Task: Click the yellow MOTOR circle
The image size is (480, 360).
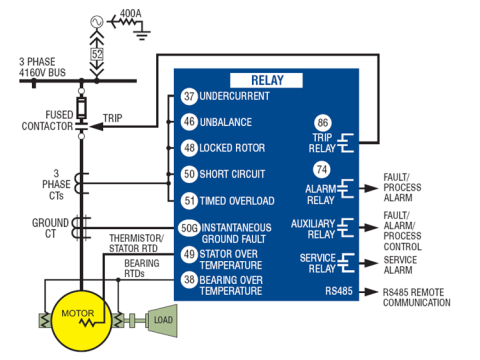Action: (82, 321)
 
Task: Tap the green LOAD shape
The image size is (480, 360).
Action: (162, 320)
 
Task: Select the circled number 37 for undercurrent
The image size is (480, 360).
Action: (189, 96)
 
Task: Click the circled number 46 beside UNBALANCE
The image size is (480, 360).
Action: (189, 122)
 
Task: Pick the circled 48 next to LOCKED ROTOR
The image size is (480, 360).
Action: (189, 148)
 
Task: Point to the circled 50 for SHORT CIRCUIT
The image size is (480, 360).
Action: (189, 174)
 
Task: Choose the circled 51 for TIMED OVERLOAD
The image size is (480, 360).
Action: (189, 200)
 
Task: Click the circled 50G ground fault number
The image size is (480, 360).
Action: (189, 228)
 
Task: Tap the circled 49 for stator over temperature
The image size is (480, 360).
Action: (189, 254)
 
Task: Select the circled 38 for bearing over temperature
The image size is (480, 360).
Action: (189, 279)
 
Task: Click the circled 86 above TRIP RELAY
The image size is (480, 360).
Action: (323, 123)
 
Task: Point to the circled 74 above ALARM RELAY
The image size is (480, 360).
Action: (322, 169)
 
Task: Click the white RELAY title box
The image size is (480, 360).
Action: (266, 80)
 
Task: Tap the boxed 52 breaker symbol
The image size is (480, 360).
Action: (97, 54)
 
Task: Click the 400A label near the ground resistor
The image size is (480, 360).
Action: (130, 13)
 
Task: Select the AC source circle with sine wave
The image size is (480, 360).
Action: (97, 22)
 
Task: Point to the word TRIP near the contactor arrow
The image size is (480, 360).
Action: (112, 118)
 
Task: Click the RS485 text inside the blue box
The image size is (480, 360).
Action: (339, 291)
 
